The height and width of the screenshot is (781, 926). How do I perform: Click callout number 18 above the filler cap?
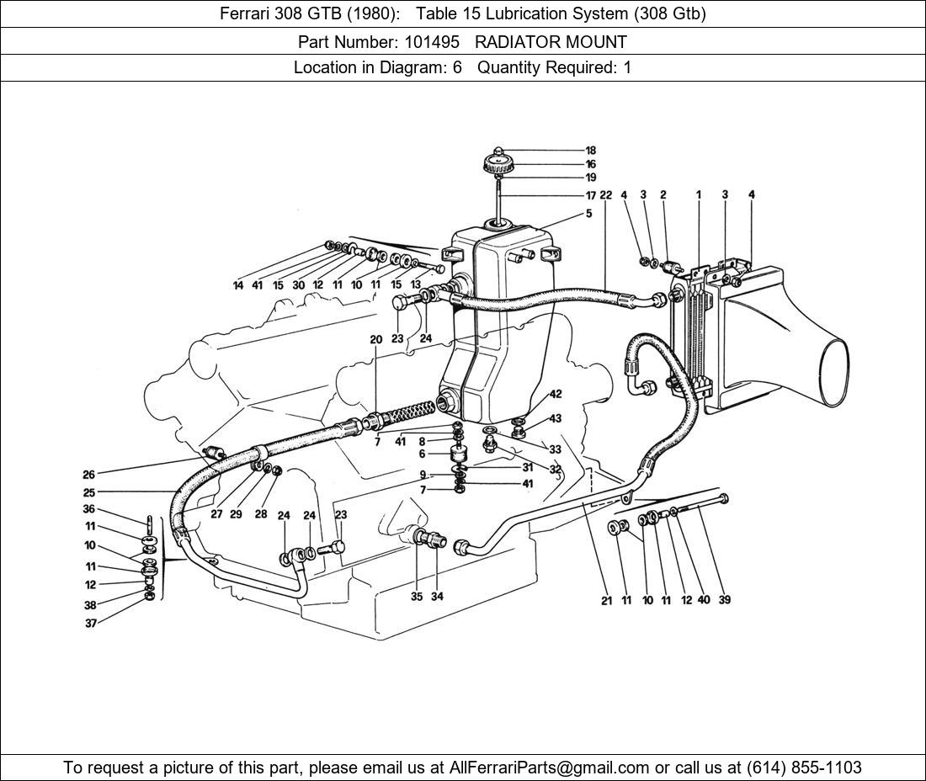click(x=590, y=151)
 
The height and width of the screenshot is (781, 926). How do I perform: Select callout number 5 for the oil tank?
click(x=589, y=214)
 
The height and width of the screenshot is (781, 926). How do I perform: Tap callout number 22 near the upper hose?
click(x=606, y=195)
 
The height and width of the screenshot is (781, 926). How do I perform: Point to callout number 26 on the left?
click(x=89, y=474)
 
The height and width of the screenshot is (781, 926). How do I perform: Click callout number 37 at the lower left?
click(x=89, y=624)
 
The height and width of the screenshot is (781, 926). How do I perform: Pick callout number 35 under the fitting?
click(x=417, y=597)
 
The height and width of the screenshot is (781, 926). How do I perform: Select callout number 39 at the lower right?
click(x=725, y=600)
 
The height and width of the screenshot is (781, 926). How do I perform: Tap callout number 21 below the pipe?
click(x=606, y=601)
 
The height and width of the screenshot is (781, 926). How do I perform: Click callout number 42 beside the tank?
click(x=556, y=394)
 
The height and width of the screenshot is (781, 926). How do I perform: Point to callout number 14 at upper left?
click(x=238, y=285)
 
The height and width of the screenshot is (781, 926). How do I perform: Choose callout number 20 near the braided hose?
click(x=375, y=339)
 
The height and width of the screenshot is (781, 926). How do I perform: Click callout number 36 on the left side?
click(x=89, y=509)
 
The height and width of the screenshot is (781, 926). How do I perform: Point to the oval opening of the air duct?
click(x=833, y=370)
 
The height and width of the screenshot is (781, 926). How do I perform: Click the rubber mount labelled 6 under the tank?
click(x=459, y=454)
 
